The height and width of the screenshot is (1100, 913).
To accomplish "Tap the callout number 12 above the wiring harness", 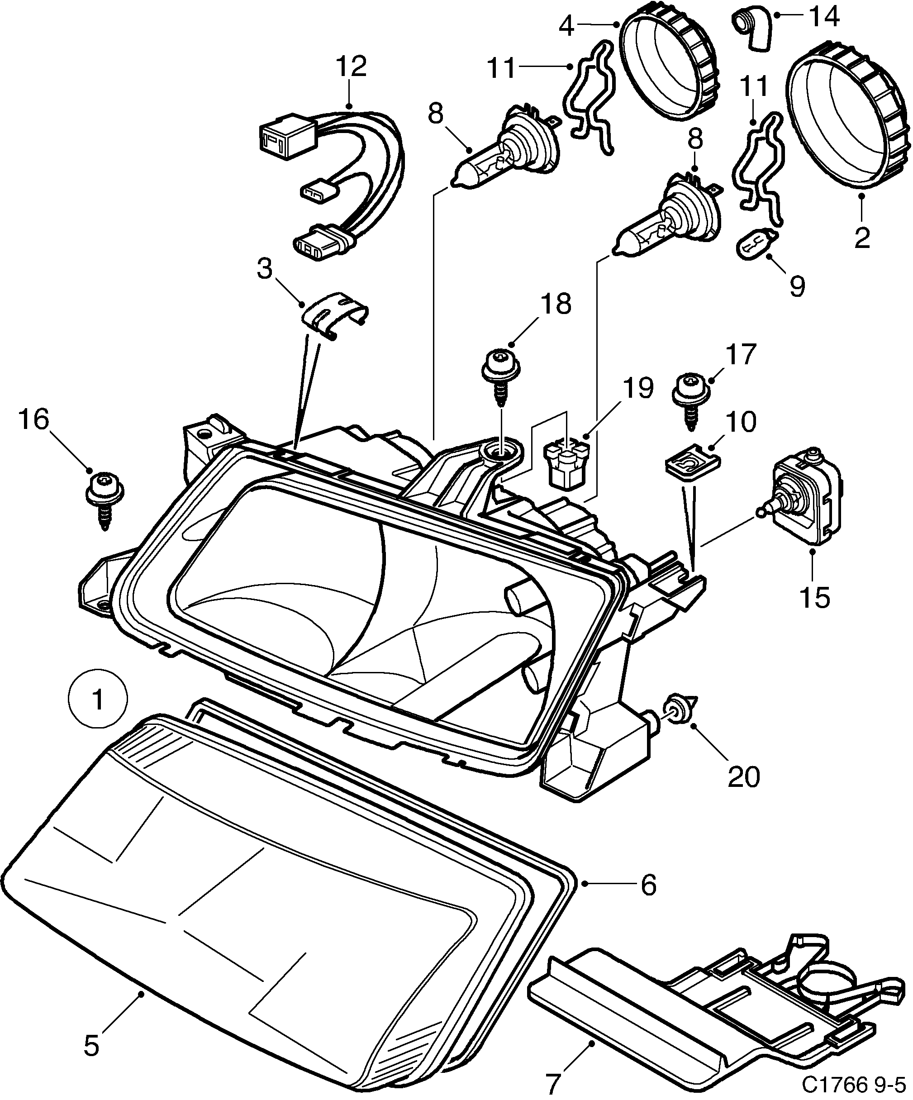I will pos(352,67).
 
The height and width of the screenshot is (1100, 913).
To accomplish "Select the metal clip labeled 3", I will pos(334,315).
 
